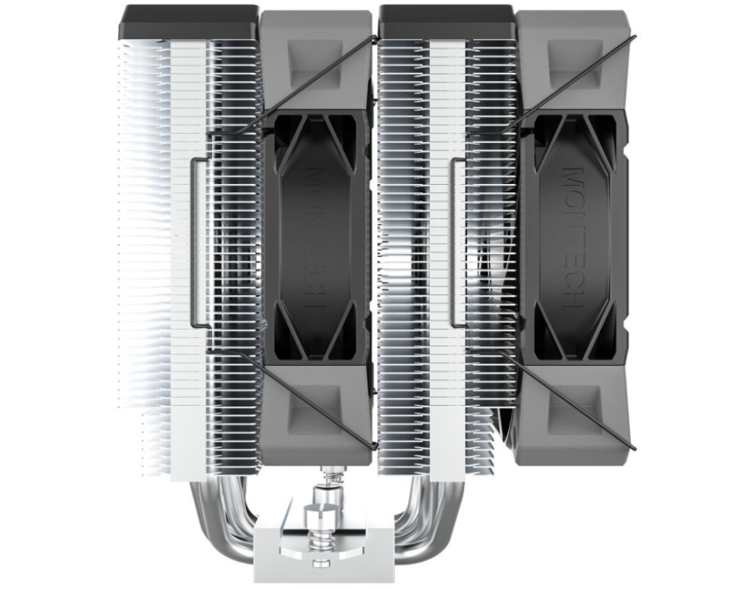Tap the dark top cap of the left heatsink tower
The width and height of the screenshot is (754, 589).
[190, 23]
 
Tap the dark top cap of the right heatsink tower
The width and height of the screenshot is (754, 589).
[448, 23]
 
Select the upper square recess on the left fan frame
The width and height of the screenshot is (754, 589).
[315, 62]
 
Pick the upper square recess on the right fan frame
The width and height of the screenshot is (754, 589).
[575, 62]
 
